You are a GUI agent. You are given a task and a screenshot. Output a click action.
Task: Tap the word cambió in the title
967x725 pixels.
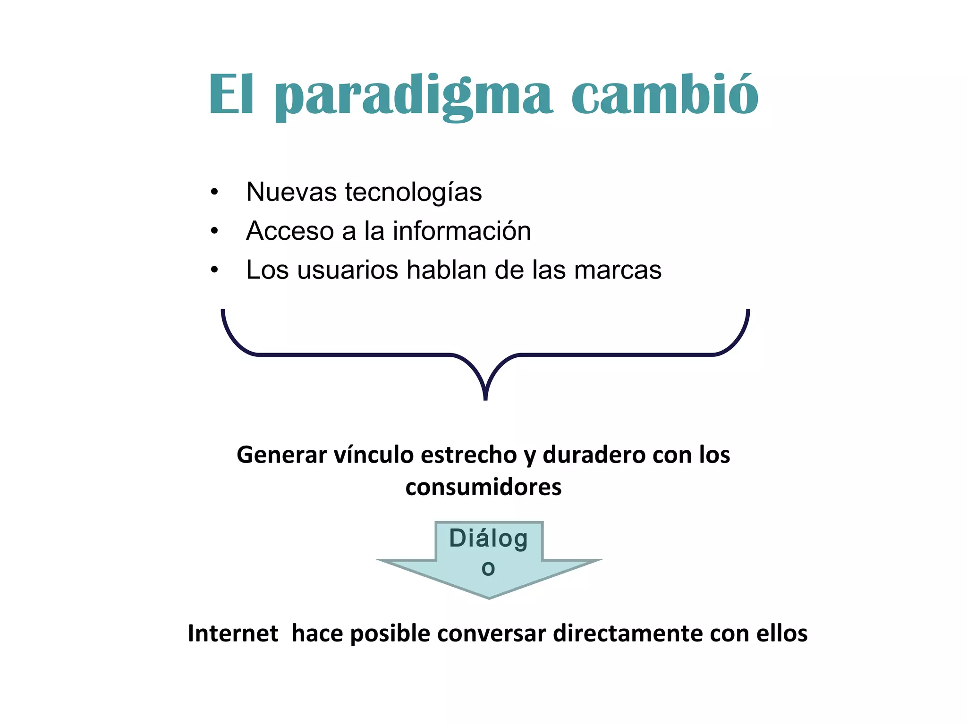(x=665, y=94)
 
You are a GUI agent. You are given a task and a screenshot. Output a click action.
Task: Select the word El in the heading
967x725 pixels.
(x=231, y=94)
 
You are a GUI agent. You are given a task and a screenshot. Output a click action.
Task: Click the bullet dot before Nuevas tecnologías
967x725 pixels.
(x=215, y=193)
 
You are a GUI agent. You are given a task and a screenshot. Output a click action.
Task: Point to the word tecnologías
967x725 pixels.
(x=413, y=193)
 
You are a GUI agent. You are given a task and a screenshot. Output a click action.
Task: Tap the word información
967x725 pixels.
(x=462, y=231)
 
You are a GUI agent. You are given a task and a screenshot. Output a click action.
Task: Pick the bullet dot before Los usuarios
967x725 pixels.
(x=215, y=270)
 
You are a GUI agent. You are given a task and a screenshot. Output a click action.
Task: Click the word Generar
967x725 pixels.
(x=282, y=455)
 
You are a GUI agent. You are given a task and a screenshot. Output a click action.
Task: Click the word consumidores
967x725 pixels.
(x=483, y=487)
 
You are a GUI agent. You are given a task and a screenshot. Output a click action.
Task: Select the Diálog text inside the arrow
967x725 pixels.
(x=488, y=539)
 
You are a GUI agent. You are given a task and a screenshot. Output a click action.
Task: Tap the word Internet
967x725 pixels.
(x=233, y=633)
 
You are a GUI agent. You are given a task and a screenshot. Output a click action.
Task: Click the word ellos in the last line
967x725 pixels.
(x=781, y=633)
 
